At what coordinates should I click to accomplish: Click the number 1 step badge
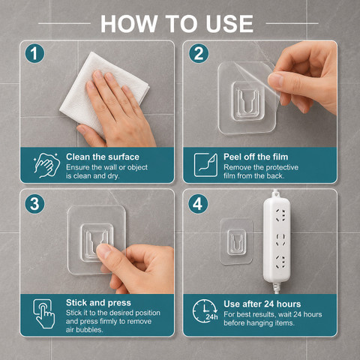click(x=34, y=53)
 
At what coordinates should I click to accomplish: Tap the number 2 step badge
click(x=199, y=53)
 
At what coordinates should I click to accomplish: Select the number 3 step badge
click(x=34, y=204)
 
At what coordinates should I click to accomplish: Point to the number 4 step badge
click(x=198, y=204)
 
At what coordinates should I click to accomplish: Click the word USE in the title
click(x=229, y=24)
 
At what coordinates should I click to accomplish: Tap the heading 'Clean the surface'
click(x=103, y=157)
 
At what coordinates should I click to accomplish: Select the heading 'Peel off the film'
click(x=256, y=157)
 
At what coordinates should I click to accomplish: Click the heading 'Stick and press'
click(x=98, y=303)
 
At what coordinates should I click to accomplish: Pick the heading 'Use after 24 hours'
click(x=262, y=304)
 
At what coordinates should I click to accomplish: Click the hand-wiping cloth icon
click(x=46, y=165)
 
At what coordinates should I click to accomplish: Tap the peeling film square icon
click(x=205, y=165)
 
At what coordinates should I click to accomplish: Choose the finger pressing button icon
click(x=44, y=313)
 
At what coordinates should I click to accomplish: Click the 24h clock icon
click(x=205, y=310)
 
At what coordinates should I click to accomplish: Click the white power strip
click(x=277, y=240)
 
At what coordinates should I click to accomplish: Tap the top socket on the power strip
click(x=280, y=215)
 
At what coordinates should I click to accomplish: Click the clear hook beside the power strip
click(x=236, y=241)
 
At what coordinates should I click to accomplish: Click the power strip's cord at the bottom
click(x=276, y=288)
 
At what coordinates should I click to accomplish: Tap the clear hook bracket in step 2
click(x=247, y=101)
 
